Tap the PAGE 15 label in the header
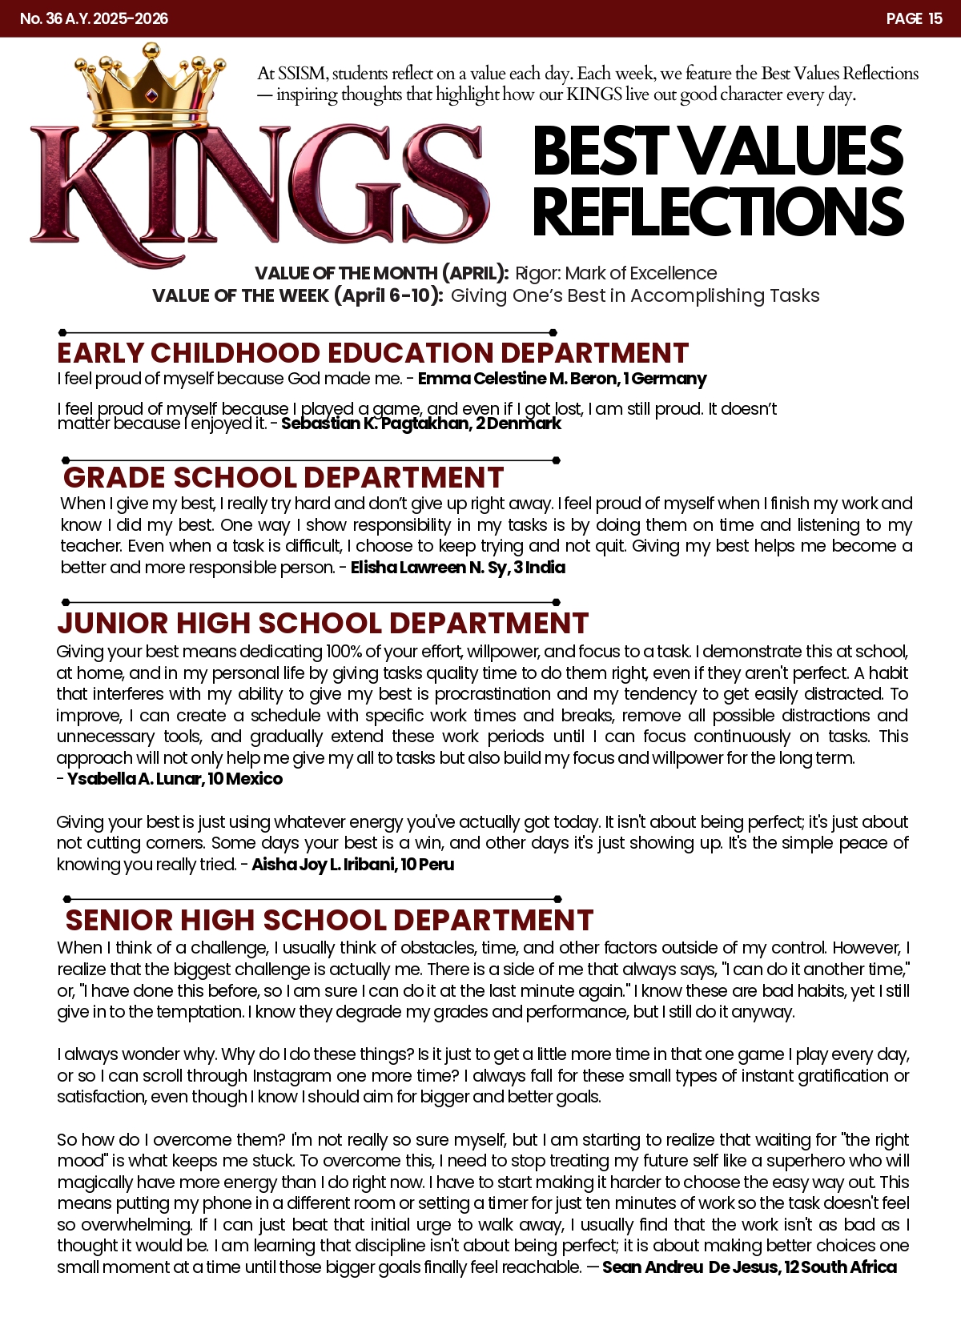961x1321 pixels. point(914,18)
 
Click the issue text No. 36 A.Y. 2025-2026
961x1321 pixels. point(94,18)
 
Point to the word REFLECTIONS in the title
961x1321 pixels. point(718,211)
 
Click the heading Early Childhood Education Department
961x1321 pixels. point(372,353)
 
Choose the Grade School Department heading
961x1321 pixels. point(283,478)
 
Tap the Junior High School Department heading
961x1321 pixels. point(323,623)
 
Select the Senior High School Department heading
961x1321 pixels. point(329,920)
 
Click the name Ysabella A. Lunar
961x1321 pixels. point(134,779)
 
